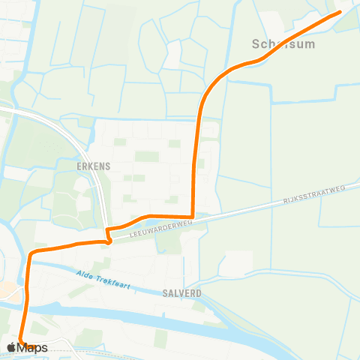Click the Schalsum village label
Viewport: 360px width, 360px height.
click(284, 44)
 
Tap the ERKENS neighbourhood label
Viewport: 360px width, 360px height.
click(94, 165)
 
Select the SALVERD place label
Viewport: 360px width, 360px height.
click(181, 293)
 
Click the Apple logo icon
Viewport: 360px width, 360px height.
click(11, 347)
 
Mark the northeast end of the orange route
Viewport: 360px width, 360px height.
click(339, 12)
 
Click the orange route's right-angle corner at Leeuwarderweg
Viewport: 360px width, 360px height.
click(193, 217)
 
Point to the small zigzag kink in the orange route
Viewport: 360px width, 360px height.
click(109, 237)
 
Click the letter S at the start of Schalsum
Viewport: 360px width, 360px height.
click(257, 44)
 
